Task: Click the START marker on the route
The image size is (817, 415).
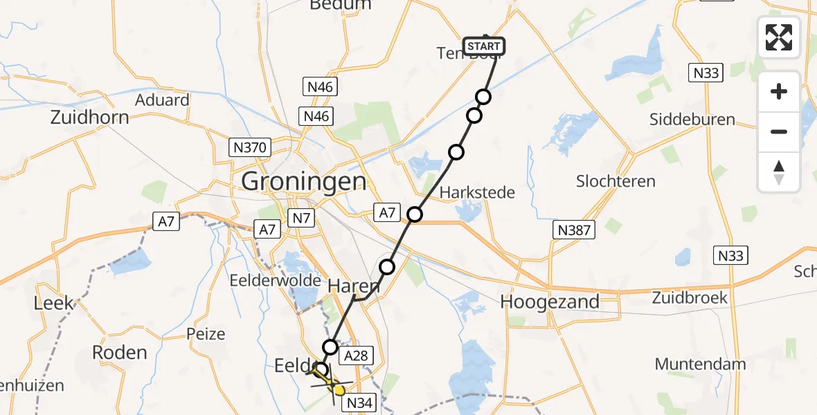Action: coord(484,46)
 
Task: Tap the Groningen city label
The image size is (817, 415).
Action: coord(304,182)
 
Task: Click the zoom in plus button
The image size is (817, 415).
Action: coord(779,91)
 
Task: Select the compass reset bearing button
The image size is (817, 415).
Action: coord(779,172)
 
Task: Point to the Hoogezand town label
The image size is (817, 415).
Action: coord(550,302)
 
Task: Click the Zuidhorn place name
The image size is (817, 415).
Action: coord(89,117)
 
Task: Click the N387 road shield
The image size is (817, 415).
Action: coord(573,230)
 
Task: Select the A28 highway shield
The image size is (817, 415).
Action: coord(356,356)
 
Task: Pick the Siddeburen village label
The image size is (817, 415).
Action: coord(692,119)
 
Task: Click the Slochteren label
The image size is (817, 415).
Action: coord(616,181)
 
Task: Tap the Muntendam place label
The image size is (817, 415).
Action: coord(701,364)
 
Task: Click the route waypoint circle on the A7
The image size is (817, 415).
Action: coord(414,214)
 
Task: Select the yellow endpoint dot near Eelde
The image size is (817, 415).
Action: coord(339,390)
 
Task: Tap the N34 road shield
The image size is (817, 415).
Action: coord(360,402)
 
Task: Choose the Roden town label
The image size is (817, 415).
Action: coord(120,352)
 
